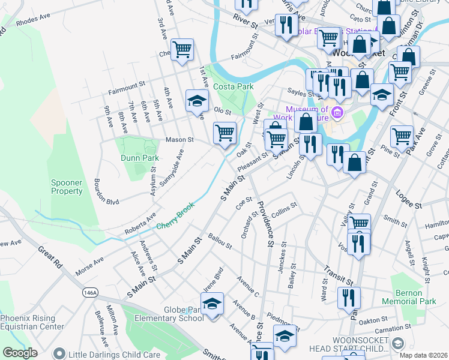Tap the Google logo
[x=19, y=353]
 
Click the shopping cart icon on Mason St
[x=224, y=133]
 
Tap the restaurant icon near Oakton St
[x=348, y=298]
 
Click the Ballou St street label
[x=220, y=242]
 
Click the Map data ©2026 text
[x=424, y=355]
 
